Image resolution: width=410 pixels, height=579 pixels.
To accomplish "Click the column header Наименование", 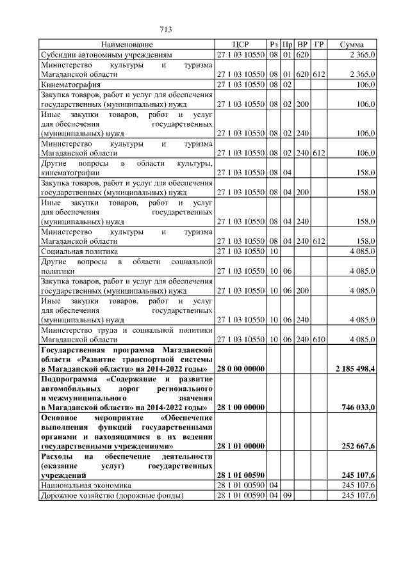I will tap(127, 45).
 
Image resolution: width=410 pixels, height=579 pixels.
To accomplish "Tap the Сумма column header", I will tap(352, 45).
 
